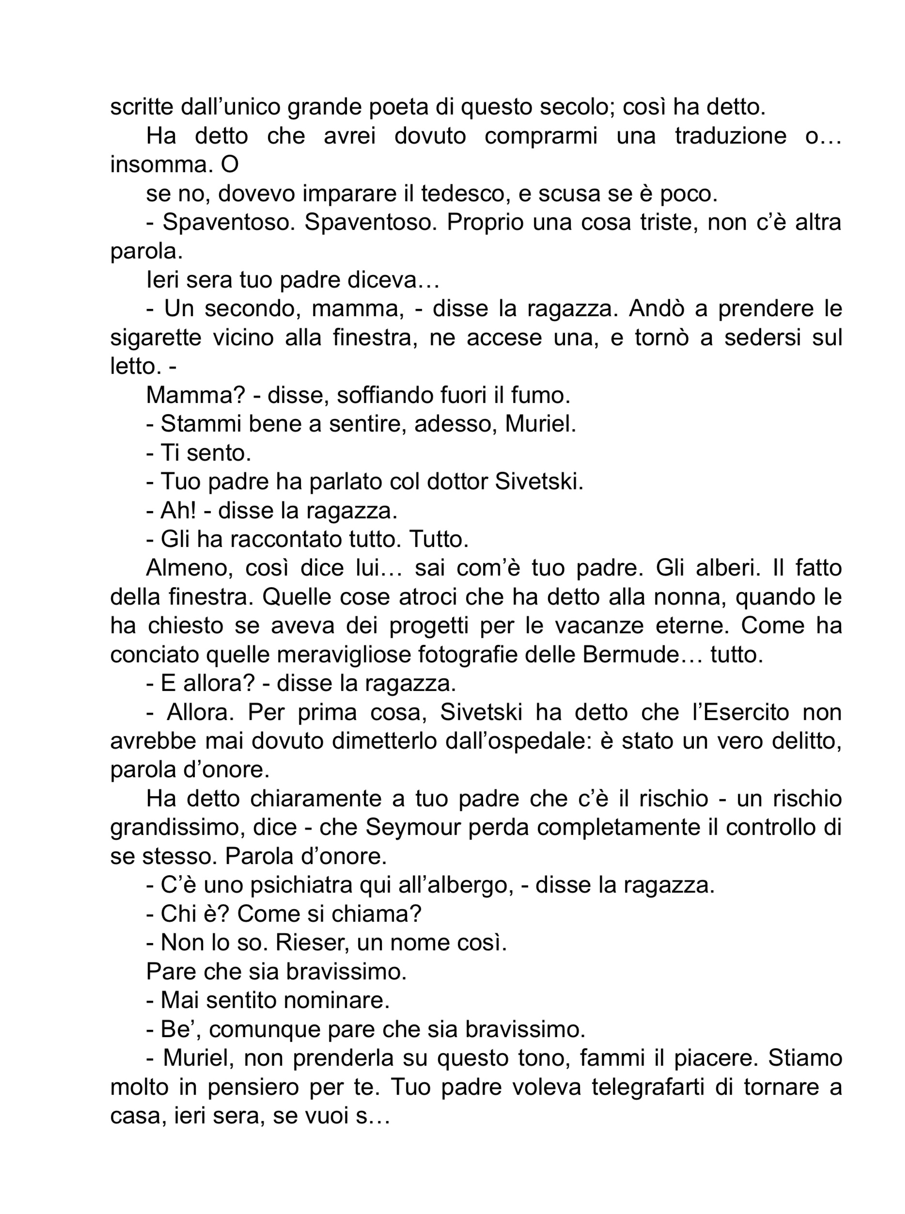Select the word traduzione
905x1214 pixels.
730,136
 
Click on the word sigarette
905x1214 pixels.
153,337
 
